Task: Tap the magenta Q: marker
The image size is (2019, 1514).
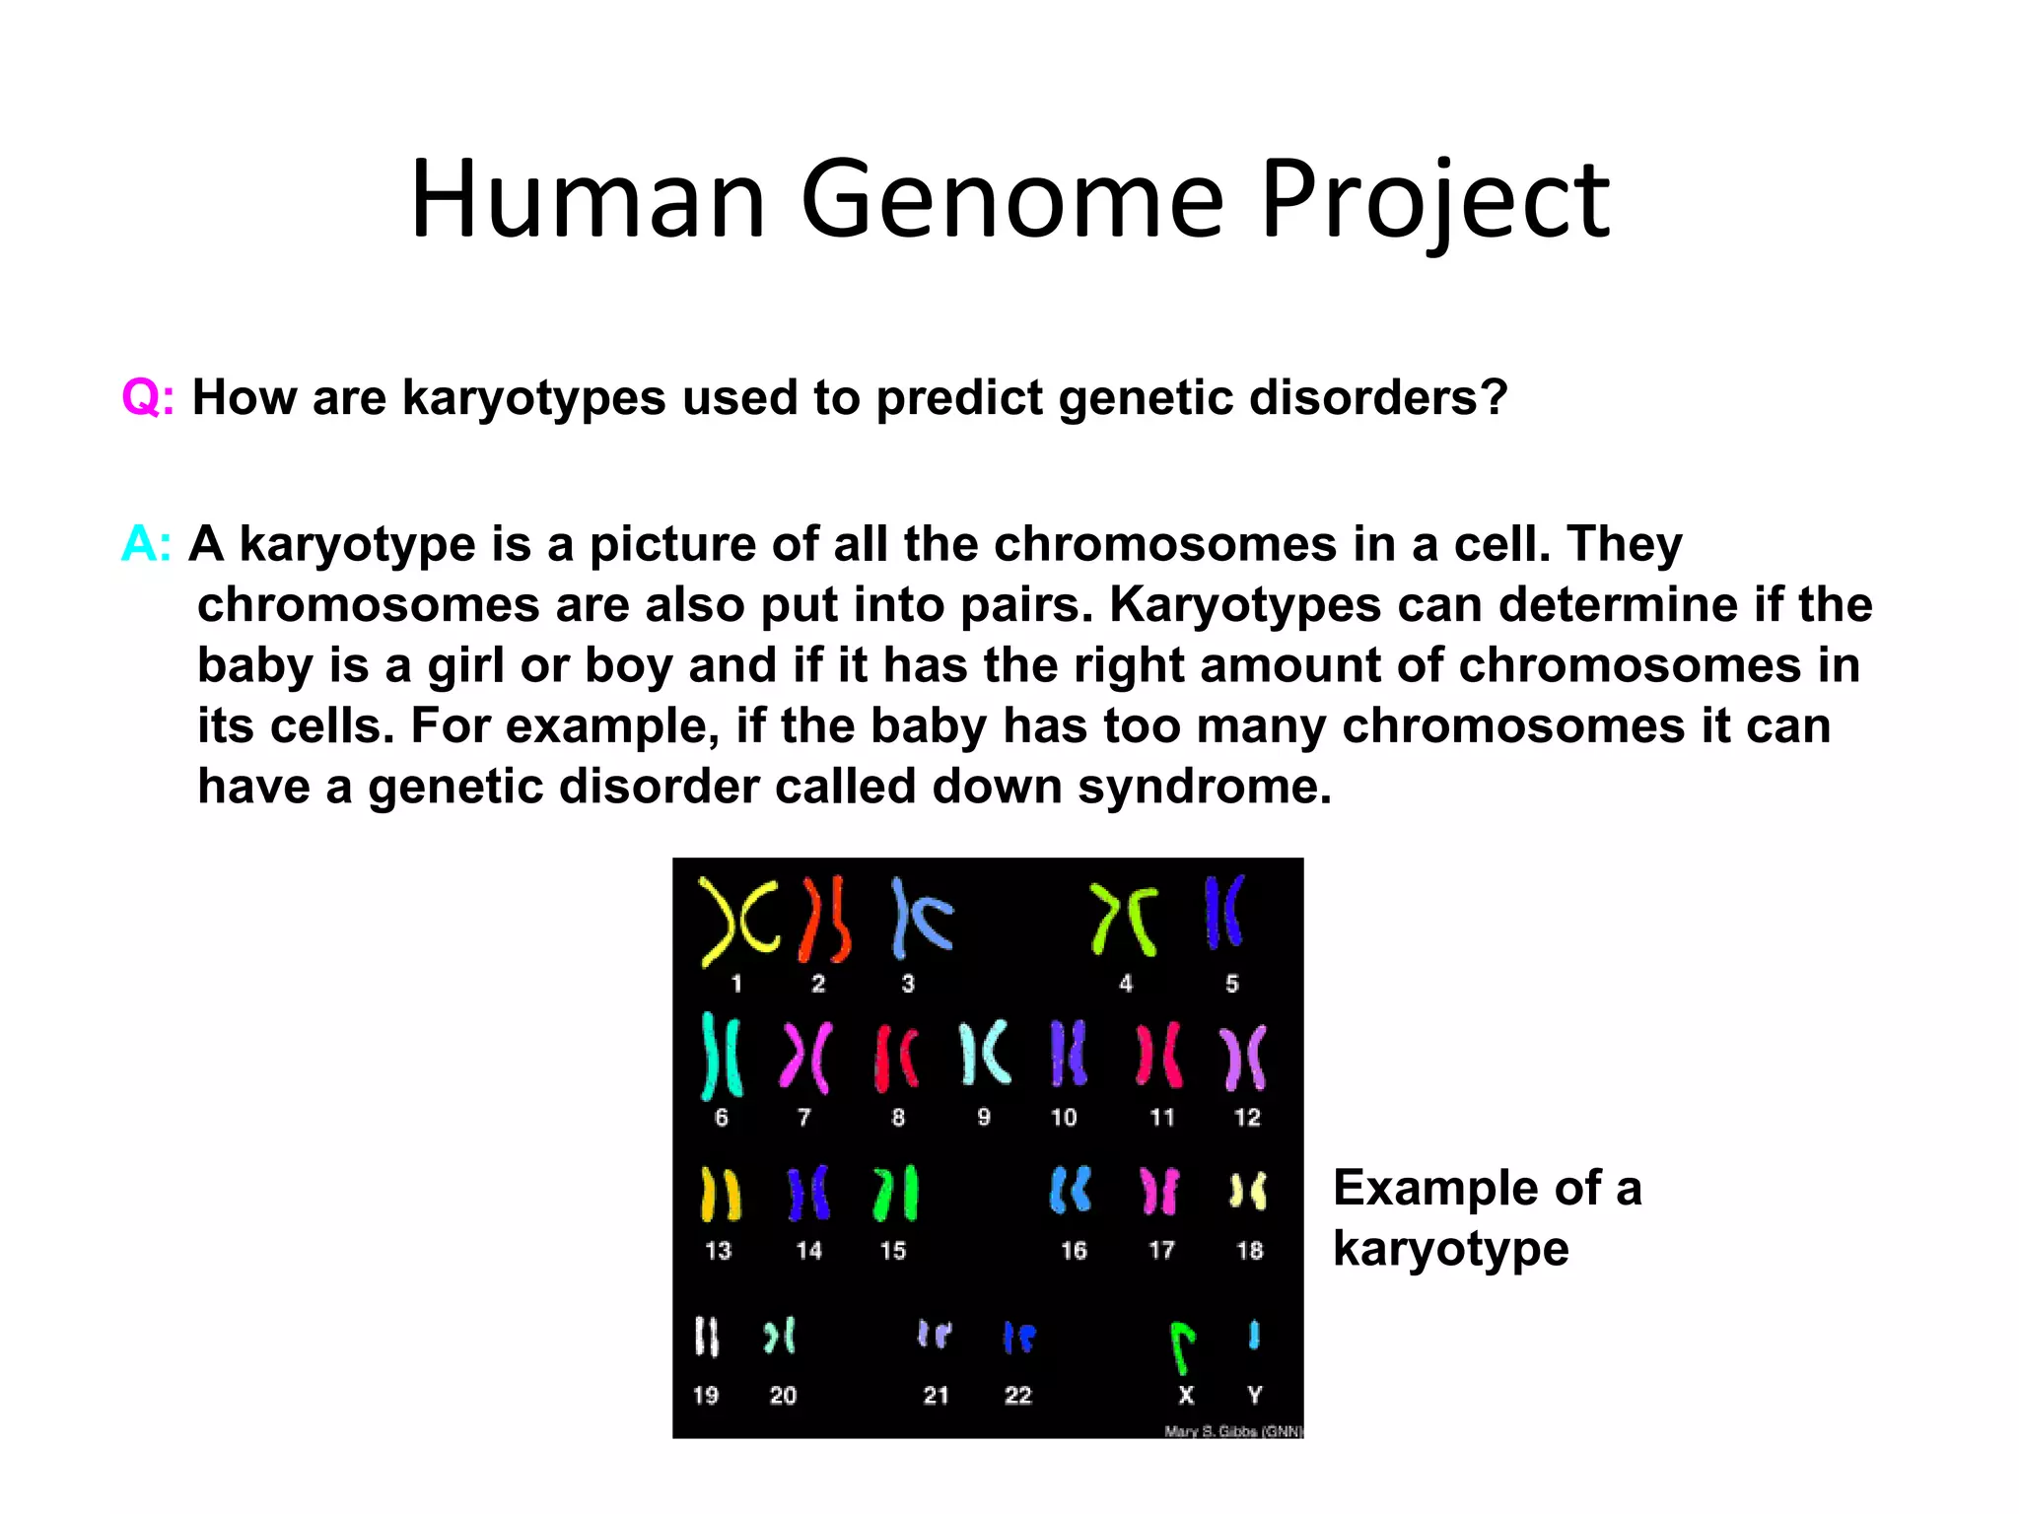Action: [148, 398]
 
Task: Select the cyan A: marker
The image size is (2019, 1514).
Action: [146, 544]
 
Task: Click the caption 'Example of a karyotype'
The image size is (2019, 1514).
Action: [1487, 1218]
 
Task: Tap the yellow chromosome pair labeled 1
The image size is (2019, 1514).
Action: [737, 921]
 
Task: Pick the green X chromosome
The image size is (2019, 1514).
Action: [1182, 1346]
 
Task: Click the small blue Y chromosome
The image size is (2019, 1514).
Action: [1254, 1335]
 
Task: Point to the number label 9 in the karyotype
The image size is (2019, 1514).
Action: [984, 1117]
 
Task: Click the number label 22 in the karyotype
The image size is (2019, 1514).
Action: [1017, 1395]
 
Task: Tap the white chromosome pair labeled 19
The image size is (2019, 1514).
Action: [707, 1337]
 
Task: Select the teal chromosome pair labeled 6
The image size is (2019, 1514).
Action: [721, 1056]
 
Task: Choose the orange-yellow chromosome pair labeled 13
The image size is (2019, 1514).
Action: [720, 1194]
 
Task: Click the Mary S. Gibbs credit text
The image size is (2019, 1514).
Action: [1232, 1431]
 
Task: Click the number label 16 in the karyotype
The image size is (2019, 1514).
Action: [1073, 1251]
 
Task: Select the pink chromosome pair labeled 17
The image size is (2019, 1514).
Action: [1159, 1192]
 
